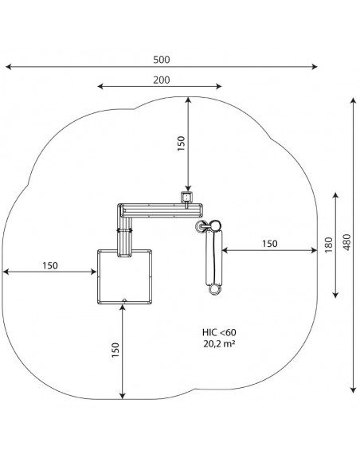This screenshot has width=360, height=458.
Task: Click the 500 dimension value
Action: [x=162, y=60]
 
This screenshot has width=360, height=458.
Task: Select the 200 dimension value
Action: [x=162, y=80]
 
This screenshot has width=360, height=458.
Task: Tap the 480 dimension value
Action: [x=346, y=242]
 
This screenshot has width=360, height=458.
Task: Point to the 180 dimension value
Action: [x=329, y=245]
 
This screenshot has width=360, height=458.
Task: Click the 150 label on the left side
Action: [x=50, y=265]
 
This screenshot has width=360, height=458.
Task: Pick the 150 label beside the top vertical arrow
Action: [x=182, y=143]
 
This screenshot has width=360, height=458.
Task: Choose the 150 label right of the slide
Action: [x=269, y=243]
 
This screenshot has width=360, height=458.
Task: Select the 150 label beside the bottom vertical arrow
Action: [x=115, y=350]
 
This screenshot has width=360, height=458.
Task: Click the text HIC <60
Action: [x=219, y=332]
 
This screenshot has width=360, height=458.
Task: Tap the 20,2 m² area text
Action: [x=219, y=344]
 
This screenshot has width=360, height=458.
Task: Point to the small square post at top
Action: [x=187, y=198]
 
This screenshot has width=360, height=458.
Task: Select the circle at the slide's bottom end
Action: [x=215, y=289]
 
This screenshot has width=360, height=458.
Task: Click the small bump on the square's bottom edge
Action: [x=124, y=300]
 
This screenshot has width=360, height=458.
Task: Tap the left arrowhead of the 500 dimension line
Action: [x=8, y=67]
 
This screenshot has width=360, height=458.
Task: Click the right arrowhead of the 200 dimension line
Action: [x=219, y=86]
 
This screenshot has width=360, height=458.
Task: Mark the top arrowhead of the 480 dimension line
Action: [x=354, y=100]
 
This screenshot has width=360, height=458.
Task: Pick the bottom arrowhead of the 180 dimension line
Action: [x=336, y=295]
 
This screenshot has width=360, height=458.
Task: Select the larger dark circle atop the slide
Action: [x=216, y=225]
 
